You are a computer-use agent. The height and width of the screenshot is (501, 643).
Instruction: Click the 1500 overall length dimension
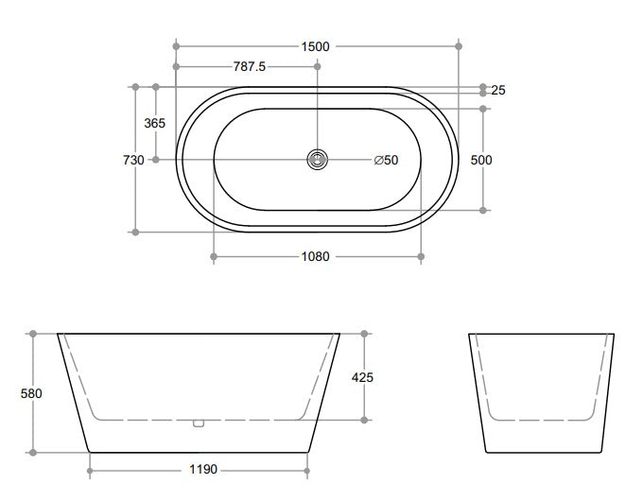[317, 45]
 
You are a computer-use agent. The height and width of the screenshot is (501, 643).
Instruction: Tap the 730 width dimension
[133, 160]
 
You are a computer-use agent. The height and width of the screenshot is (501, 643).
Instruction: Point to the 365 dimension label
[154, 123]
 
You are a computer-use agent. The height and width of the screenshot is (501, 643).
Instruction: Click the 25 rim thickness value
[498, 91]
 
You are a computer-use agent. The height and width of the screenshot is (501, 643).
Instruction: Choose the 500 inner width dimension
[481, 160]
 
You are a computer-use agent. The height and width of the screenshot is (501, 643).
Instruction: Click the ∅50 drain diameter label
[386, 160]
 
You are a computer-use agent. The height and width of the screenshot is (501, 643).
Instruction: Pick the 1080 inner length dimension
[315, 256]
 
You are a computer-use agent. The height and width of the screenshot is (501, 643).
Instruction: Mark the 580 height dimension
[31, 393]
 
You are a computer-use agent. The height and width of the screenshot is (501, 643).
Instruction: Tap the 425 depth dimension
[362, 377]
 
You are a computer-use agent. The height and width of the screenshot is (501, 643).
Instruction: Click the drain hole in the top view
[317, 160]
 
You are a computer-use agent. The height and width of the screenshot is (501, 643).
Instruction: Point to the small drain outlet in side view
[198, 423]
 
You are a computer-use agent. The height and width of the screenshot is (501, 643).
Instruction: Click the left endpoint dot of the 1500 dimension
[176, 45]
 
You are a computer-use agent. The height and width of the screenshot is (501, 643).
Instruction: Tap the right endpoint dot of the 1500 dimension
[459, 45]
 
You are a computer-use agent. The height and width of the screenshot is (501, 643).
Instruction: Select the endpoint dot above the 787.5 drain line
[317, 66]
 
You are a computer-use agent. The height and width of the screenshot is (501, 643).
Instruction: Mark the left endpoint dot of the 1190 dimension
[89, 469]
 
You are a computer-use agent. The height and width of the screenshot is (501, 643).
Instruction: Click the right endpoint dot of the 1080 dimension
[421, 256]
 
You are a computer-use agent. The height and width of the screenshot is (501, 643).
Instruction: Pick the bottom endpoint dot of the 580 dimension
[33, 453]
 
